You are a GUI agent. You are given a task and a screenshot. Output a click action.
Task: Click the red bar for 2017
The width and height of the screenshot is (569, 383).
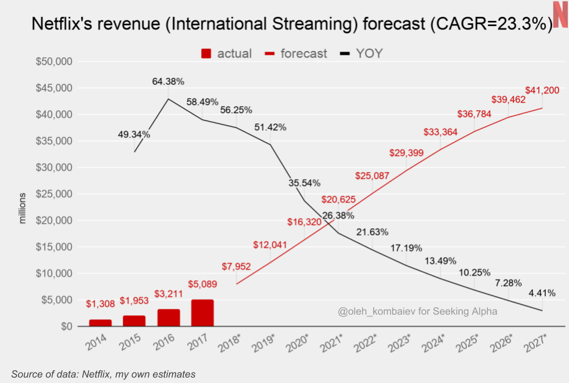202,313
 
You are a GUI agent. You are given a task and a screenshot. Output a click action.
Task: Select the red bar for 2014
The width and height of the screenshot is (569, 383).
100,323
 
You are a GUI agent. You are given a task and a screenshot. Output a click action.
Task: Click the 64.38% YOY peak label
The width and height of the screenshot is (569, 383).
168,82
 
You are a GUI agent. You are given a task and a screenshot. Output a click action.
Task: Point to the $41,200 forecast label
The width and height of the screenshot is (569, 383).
542,90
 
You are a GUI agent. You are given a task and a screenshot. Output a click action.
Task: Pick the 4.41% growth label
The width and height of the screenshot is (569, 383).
542,293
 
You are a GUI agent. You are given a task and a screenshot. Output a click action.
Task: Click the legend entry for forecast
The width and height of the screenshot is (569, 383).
296,53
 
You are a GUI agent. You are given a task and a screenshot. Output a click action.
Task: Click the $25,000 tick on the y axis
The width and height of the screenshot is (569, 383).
55,194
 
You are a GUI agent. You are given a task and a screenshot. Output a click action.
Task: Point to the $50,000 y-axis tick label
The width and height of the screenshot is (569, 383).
55,61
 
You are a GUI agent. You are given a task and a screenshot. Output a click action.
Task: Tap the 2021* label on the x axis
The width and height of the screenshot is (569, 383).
332,342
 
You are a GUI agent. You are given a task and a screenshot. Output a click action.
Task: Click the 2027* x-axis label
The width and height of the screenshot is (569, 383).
536,342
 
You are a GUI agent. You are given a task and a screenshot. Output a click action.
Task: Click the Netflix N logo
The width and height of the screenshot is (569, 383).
560,14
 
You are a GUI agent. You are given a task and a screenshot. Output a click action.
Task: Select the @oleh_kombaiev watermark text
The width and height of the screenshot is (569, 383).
418,312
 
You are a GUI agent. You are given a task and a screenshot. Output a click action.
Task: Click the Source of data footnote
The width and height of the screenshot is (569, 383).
103,374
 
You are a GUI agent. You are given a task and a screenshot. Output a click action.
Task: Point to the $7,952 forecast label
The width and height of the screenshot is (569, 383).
237,266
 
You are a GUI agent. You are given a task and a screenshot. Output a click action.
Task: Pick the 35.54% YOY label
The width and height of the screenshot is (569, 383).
304,183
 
